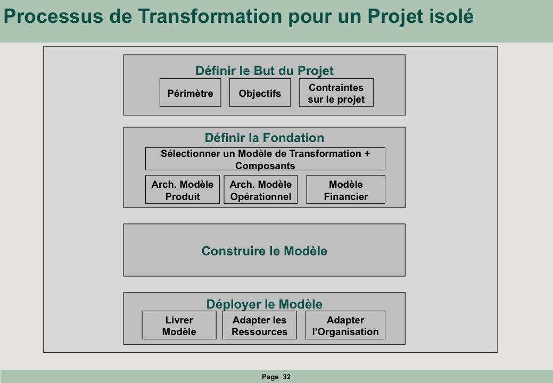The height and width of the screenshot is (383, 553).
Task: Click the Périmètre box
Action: [191, 93]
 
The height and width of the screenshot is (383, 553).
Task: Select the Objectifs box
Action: [260, 93]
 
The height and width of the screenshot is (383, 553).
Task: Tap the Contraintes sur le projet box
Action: [336, 93]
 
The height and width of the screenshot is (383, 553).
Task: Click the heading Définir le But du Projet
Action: [265, 70]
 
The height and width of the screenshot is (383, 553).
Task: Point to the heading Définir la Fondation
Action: [265, 137]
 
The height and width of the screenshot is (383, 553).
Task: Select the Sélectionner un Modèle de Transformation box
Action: [265, 159]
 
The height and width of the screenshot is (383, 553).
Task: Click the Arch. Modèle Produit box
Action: [183, 189]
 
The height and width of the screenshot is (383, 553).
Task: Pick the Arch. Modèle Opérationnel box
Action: [261, 189]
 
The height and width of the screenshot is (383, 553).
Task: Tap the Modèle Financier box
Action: [345, 189]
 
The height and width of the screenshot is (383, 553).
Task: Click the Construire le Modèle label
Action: [265, 251]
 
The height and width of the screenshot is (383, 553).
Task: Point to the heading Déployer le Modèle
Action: [265, 304]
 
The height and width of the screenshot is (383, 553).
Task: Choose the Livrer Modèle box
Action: [179, 325]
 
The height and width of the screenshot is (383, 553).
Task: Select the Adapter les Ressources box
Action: [260, 325]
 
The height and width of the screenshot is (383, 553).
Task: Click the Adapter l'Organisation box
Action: [345, 325]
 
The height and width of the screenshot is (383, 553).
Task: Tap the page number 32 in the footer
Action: [287, 377]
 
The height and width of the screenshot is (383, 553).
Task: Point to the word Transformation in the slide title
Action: [210, 16]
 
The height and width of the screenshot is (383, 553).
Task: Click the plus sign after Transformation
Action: [367, 154]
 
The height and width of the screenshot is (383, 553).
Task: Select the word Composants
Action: [265, 165]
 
